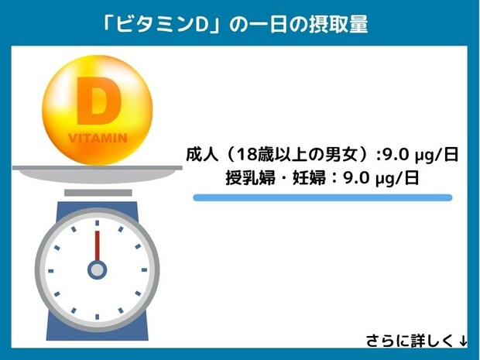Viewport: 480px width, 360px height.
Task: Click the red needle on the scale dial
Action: (97, 247)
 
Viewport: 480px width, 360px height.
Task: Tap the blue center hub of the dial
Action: (97, 269)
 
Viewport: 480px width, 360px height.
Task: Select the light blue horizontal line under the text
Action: (321, 198)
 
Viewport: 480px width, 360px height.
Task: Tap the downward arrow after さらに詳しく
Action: (462, 341)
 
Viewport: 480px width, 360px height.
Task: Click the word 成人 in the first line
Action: (201, 154)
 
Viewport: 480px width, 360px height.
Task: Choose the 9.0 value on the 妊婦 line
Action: (356, 177)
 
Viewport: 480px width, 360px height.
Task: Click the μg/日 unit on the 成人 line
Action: (434, 154)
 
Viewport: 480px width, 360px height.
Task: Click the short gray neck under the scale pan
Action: (97, 192)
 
